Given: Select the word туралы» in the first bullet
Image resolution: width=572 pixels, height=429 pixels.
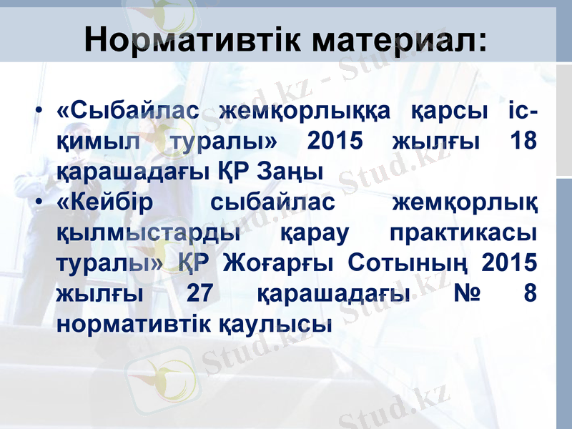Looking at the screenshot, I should point(226,142).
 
